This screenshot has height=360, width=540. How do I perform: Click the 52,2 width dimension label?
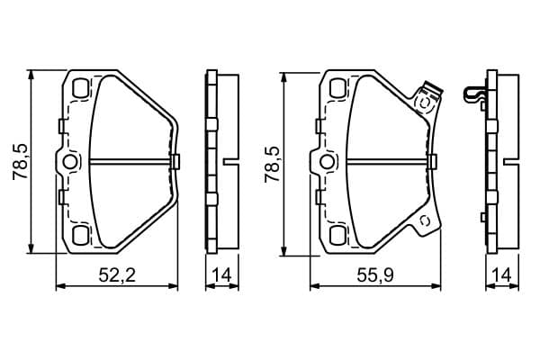click(117, 275)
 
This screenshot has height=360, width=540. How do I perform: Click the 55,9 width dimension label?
click(375, 275)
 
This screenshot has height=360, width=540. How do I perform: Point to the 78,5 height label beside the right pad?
click(272, 164)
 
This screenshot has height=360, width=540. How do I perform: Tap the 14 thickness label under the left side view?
click(221, 275)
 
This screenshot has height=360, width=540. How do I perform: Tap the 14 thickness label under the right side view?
click(502, 275)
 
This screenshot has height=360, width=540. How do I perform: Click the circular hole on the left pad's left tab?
click(70, 162)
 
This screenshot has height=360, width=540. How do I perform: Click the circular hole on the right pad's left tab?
click(326, 162)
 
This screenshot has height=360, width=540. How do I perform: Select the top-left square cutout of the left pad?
click(81, 88)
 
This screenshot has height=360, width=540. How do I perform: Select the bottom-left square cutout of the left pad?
click(81, 235)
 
